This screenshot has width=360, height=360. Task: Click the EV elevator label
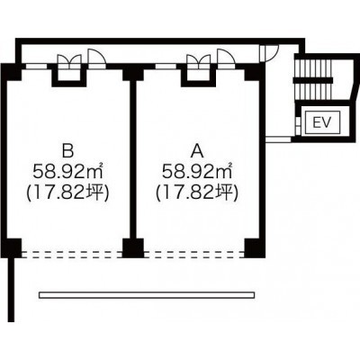[x=322, y=122]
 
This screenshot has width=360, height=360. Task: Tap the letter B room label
[x=67, y=151]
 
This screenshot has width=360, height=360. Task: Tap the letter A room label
[x=197, y=151]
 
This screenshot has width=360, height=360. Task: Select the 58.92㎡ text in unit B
[x=67, y=172]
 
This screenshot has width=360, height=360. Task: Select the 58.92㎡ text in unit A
[x=197, y=172]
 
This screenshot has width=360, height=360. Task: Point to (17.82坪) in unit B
[x=67, y=193]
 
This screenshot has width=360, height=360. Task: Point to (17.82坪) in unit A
[x=197, y=193]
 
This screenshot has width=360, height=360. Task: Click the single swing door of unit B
[x=96, y=57]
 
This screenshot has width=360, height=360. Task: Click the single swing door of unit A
[x=226, y=57]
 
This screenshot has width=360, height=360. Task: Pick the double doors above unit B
[x=69, y=61]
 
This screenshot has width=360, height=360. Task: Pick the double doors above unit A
[x=198, y=61]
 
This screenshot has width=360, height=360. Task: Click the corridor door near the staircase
[x=268, y=53]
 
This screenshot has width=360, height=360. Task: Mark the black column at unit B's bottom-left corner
[x=13, y=248]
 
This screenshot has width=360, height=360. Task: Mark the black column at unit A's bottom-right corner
[x=255, y=248]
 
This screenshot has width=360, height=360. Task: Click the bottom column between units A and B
[x=133, y=248]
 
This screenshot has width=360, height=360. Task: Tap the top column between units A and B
[x=133, y=73]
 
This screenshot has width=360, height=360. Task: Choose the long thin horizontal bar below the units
[x=147, y=295]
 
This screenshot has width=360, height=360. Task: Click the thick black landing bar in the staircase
[x=313, y=80]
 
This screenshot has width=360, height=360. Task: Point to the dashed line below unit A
[x=194, y=255]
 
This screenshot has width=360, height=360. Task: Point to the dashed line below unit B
[x=72, y=255]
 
